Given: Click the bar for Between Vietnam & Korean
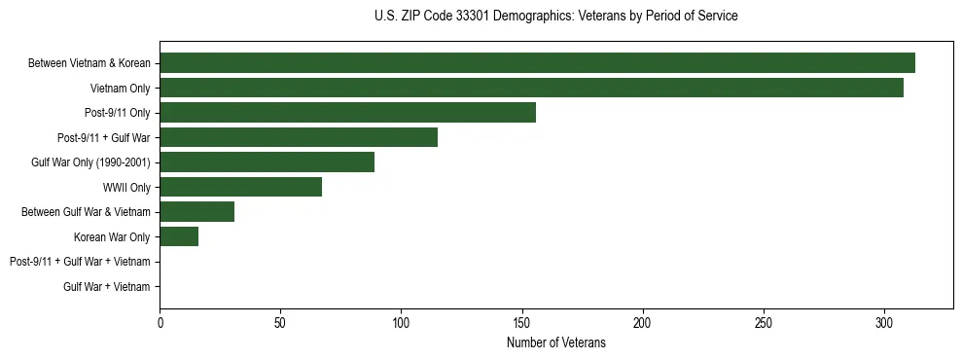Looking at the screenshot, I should pos(537,63).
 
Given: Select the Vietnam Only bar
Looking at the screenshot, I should pos(531,88).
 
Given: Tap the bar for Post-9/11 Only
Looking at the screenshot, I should pos(347,113).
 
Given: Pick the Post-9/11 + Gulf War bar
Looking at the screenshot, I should pos(299,137).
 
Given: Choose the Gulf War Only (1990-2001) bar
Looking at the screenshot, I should pos(267,162).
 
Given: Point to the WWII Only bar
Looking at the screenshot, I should pos(240,187).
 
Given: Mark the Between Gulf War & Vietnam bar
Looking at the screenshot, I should pos(196,212).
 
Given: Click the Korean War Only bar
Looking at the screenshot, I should pos(179,236).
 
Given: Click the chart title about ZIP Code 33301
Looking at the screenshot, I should pos(555,17).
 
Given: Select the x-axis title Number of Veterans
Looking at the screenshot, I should pos(555,343).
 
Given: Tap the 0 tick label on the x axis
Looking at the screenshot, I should pos(160,323).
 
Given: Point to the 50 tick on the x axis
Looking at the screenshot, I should pos(280,323).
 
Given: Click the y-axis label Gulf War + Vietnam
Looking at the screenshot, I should pos(107,286).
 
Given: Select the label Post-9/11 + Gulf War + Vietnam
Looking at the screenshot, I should pos(80,262).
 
